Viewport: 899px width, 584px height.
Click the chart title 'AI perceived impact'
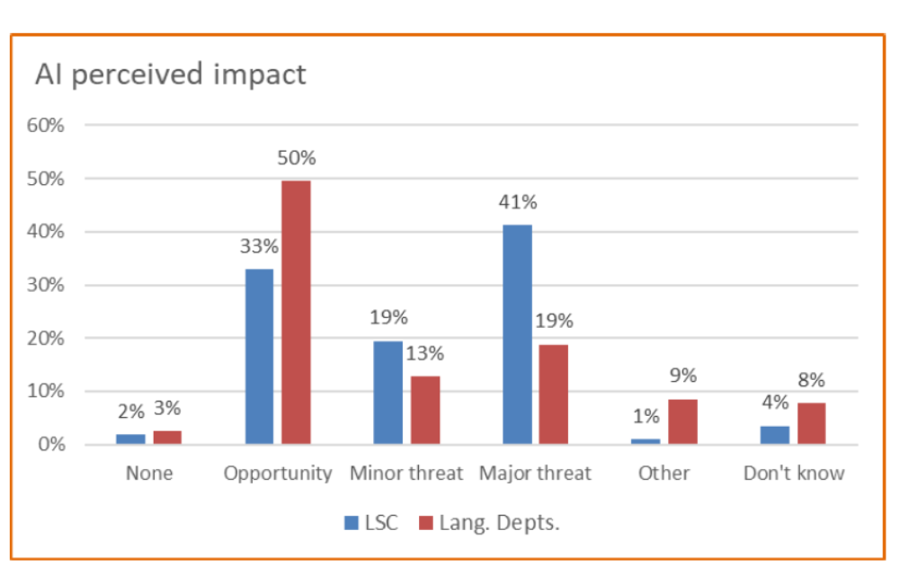pyautogui.click(x=170, y=75)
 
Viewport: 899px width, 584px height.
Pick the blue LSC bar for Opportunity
pyautogui.click(x=259, y=357)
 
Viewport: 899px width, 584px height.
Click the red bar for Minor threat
pyautogui.click(x=425, y=410)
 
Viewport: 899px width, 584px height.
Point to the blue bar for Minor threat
pyautogui.click(x=388, y=393)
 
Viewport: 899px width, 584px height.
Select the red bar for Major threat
pyautogui.click(x=554, y=394)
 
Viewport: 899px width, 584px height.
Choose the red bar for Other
pyautogui.click(x=682, y=421)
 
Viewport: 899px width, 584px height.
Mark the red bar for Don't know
pyautogui.click(x=811, y=423)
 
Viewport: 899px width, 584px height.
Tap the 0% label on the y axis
pyautogui.click(x=53, y=445)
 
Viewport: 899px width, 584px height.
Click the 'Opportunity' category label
pyautogui.click(x=278, y=473)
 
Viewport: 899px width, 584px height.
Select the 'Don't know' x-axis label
pyautogui.click(x=794, y=473)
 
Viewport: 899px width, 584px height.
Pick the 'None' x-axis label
pyautogui.click(x=149, y=473)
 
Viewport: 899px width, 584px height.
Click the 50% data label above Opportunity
pyautogui.click(x=297, y=159)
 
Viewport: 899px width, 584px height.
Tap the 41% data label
pyautogui.click(x=517, y=203)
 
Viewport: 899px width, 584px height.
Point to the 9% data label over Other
pyautogui.click(x=682, y=376)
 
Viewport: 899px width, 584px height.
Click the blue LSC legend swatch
pyautogui.click(x=352, y=523)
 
